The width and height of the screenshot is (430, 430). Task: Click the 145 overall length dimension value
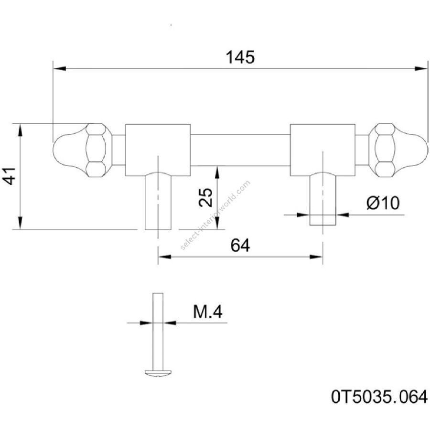tap(241, 57)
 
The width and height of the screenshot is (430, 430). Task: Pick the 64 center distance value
tap(240, 246)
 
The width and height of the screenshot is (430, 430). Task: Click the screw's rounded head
tap(158, 373)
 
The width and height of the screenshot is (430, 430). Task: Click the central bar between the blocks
tap(241, 150)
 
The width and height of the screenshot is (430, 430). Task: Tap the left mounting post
tap(158, 201)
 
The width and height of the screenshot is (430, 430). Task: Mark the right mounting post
tap(322, 198)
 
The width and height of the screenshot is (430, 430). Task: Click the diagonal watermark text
tap(215, 215)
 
